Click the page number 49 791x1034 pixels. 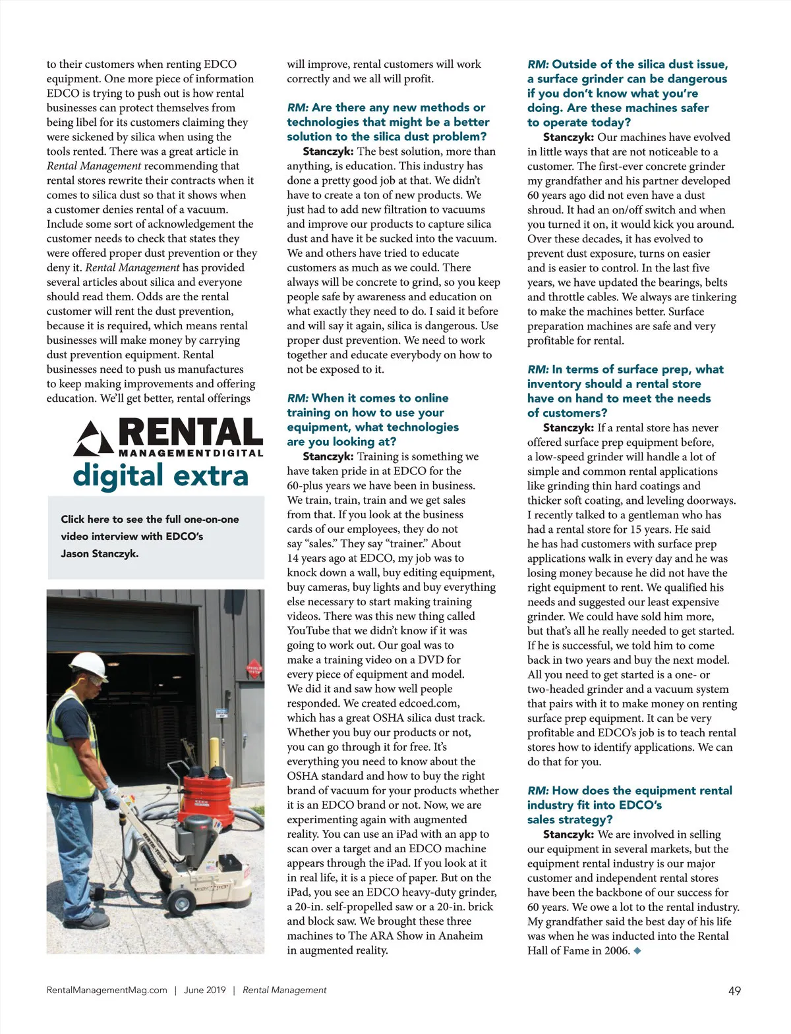click(x=734, y=991)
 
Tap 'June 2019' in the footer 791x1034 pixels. click(x=204, y=990)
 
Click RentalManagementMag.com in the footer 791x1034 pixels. click(x=107, y=990)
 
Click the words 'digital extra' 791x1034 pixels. click(x=160, y=476)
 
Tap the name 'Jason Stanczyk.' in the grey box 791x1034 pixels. click(x=100, y=553)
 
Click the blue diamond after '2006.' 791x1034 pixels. click(x=637, y=951)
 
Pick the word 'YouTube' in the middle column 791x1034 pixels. click(x=309, y=630)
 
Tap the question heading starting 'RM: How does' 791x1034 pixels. click(x=630, y=804)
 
